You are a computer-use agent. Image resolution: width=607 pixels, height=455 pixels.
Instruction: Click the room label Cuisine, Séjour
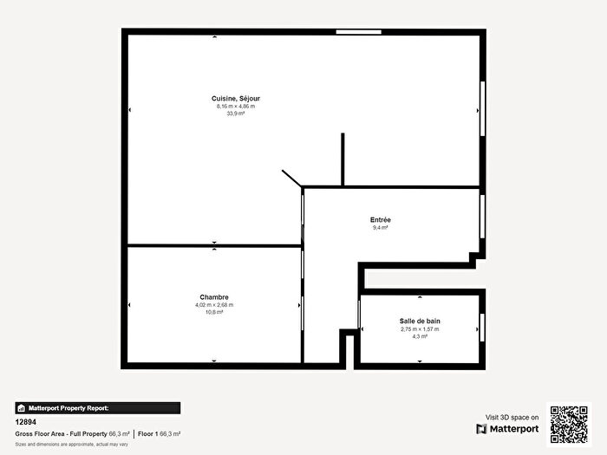point(236,99)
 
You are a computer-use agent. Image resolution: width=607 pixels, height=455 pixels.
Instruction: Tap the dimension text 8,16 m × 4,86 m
point(236,107)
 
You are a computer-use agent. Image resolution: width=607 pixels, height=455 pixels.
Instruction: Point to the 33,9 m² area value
point(236,114)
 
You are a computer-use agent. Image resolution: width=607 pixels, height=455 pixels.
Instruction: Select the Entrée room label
point(380,219)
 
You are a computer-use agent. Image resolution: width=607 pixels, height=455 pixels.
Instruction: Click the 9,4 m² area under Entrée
point(380,227)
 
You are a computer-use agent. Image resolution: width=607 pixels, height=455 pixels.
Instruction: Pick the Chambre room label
point(213,297)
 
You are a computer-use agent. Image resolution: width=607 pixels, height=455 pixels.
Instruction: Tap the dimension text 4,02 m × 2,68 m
point(213,305)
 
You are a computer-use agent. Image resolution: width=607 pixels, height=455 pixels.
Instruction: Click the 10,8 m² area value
point(213,312)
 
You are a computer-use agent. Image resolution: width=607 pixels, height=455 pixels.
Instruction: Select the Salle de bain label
point(420,322)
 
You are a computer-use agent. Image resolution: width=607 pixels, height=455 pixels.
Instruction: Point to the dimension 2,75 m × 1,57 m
point(420,329)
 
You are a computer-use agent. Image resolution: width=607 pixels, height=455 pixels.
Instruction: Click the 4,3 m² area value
point(420,336)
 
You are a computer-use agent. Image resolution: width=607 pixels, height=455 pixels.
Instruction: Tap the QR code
point(569,424)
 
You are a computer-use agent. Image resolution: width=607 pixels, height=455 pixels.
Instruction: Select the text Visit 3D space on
point(512,416)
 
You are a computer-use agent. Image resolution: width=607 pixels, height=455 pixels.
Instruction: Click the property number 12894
point(26,421)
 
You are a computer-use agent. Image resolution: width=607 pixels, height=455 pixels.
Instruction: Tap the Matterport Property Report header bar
point(97,407)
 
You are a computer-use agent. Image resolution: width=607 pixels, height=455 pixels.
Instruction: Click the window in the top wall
point(359,32)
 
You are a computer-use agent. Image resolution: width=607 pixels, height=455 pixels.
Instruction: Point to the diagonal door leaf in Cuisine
point(290,178)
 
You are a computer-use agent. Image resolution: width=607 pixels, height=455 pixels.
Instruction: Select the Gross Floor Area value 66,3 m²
point(119,433)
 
